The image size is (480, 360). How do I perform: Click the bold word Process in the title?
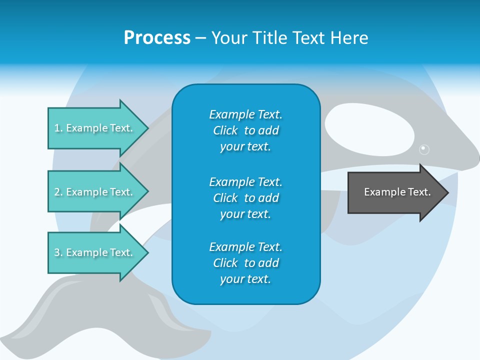coord(157,38)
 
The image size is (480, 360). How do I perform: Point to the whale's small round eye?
coord(424,149)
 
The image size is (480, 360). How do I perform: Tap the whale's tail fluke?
coord(100,320)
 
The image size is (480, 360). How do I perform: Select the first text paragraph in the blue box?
coord(245,130)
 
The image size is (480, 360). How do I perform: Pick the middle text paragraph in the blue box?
coord(245,198)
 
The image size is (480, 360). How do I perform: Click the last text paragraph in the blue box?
coord(245,263)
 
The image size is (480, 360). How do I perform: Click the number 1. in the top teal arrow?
coord(58,128)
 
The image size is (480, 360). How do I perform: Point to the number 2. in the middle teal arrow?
coord(58,192)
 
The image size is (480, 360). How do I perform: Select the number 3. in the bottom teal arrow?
coord(58,252)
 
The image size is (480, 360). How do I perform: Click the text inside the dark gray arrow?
coord(397,192)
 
